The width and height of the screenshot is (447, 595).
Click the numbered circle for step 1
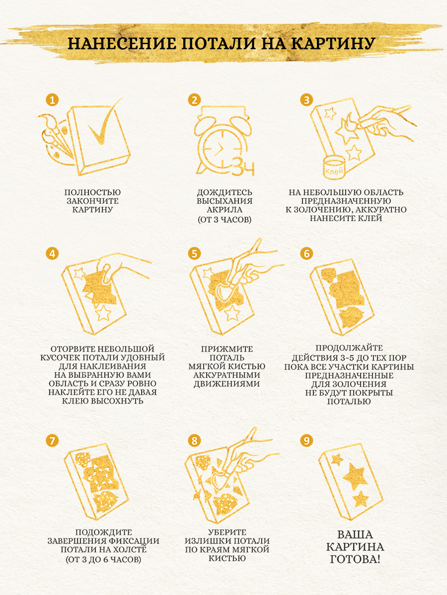(52, 100)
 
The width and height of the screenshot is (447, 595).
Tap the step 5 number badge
(194, 253)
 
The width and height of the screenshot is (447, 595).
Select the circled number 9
(306, 440)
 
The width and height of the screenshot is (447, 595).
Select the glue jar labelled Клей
(334, 168)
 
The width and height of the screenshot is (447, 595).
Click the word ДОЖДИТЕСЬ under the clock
(224, 192)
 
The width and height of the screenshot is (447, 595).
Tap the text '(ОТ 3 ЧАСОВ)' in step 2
(224, 219)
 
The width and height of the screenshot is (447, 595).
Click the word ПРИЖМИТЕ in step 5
(226, 349)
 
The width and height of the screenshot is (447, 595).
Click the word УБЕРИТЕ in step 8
(227, 533)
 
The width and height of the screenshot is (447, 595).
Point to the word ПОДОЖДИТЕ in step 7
(103, 533)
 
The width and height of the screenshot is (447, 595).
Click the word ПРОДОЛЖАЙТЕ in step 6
(349, 348)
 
